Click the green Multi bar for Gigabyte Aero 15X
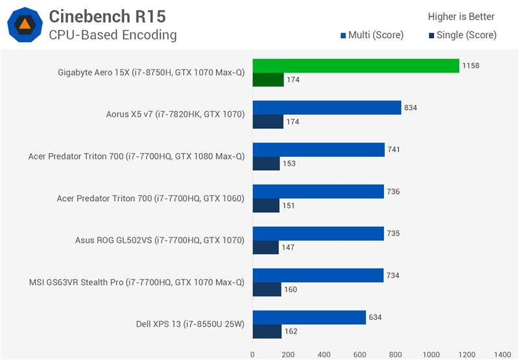(x=356, y=66)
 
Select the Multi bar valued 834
(x=327, y=108)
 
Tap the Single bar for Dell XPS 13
(x=267, y=331)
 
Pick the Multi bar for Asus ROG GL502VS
(x=318, y=234)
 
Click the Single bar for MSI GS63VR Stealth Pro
(x=267, y=289)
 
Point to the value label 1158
(x=471, y=66)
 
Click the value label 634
(x=376, y=317)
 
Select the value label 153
(x=289, y=163)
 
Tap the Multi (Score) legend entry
(x=372, y=35)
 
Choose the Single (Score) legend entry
(x=463, y=35)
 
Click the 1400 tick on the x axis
(x=501, y=355)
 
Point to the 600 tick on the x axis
(x=359, y=355)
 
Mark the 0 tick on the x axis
(x=253, y=355)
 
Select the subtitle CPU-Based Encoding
(x=112, y=35)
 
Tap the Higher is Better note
(x=461, y=17)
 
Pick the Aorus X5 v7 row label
(x=175, y=115)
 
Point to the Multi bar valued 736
(x=318, y=191)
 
